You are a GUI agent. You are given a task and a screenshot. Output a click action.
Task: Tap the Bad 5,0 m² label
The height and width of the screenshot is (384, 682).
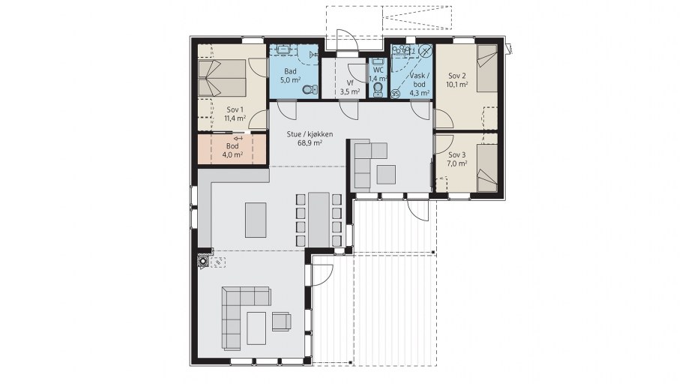pos(291,76)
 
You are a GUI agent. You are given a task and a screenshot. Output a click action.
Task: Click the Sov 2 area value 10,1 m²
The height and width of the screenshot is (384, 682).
pos(456,85)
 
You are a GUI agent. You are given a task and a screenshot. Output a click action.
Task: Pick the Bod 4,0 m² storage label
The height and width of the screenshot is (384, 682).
pos(232,150)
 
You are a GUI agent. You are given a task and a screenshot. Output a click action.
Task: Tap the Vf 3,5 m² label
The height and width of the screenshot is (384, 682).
pos(350,88)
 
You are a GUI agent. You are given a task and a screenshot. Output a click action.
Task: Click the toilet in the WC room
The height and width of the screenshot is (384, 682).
pos(378,89)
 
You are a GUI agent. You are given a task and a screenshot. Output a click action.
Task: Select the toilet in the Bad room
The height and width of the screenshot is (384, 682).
pos(310,90)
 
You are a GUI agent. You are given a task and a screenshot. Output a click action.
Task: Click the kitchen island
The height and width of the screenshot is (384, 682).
pos(256,220)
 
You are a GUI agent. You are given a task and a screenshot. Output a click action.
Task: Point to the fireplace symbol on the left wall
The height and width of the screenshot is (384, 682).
pos(203,261)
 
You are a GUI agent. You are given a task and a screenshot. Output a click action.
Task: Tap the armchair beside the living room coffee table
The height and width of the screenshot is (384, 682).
pos(281,321)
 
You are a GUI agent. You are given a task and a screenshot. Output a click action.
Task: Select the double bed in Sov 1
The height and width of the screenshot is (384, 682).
pos(222,78)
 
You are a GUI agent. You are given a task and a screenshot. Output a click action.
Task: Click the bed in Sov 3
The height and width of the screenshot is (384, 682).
pos(487,168)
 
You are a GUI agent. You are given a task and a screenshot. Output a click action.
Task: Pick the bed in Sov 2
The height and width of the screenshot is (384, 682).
pos(487,68)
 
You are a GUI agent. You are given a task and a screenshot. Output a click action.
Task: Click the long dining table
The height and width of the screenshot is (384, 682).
pos(319,220)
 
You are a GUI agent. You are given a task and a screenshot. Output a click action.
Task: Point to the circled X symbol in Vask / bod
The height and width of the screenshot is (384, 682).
pos(426,50)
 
